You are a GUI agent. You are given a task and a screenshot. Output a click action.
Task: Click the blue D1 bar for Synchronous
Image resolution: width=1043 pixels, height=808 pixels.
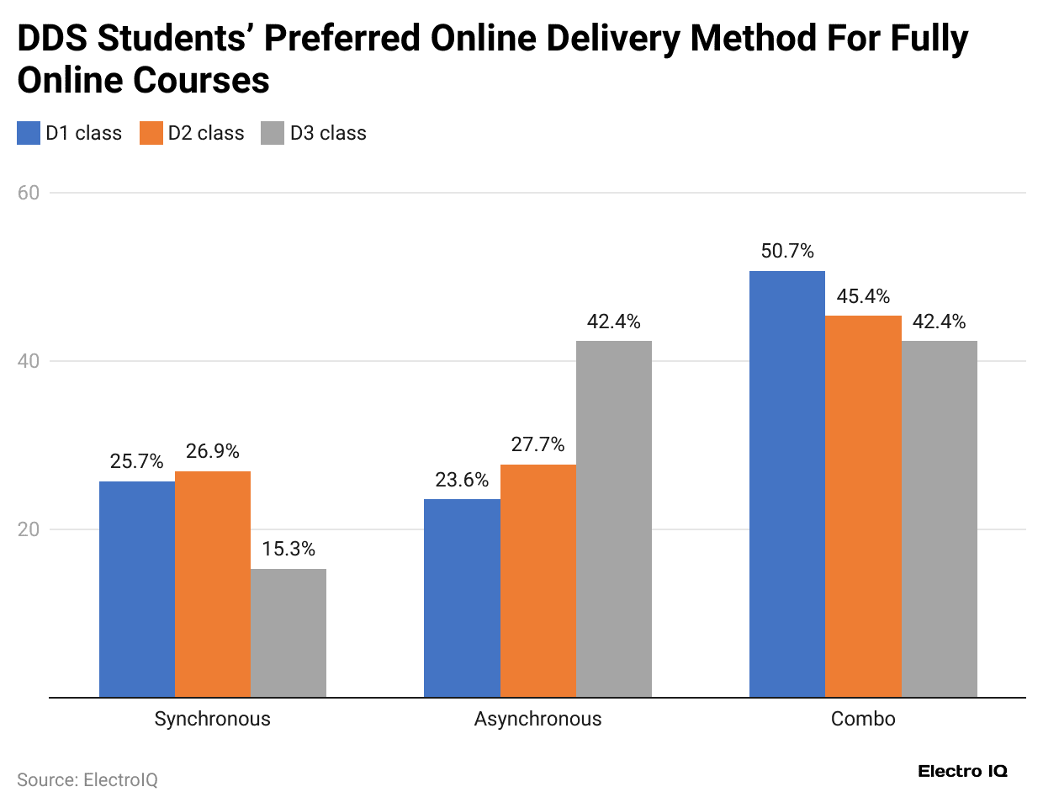click(x=137, y=589)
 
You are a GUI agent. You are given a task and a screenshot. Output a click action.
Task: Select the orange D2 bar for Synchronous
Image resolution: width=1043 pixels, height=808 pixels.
click(x=213, y=584)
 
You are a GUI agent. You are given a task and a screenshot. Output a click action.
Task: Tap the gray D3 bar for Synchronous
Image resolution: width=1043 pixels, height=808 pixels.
click(x=289, y=633)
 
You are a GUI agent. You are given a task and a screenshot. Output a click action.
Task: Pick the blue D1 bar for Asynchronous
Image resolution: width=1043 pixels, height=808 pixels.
click(x=462, y=598)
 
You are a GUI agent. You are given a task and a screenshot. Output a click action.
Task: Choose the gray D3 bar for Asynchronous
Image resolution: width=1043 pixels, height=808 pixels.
click(x=614, y=518)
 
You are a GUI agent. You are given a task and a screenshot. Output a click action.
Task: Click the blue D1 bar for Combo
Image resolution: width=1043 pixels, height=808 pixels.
click(x=787, y=484)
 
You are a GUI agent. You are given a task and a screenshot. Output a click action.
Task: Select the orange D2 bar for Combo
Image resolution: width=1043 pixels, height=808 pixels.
click(x=863, y=506)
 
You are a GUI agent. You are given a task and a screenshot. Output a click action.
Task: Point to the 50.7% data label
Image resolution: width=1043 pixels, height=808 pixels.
click(x=787, y=251)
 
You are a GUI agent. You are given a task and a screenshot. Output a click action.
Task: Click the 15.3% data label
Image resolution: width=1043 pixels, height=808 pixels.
click(x=289, y=549)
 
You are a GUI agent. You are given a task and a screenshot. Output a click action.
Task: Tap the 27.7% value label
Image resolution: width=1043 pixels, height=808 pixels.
click(x=537, y=444)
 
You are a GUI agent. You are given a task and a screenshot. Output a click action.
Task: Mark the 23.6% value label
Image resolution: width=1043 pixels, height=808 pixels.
click(x=462, y=480)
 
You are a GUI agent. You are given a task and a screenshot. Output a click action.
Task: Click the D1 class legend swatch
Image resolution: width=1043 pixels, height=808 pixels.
click(x=29, y=133)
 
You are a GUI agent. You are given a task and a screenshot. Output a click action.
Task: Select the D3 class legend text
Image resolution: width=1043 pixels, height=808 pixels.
click(x=328, y=133)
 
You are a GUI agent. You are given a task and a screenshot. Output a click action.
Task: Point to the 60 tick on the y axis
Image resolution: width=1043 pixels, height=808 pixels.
click(x=29, y=193)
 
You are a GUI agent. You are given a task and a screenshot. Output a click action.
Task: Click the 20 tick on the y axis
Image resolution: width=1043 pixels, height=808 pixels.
click(x=29, y=529)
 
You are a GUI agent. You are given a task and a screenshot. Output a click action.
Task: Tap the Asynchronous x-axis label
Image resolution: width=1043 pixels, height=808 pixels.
click(x=537, y=719)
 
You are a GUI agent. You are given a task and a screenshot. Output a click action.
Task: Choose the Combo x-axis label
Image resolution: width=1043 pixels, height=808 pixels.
click(x=863, y=719)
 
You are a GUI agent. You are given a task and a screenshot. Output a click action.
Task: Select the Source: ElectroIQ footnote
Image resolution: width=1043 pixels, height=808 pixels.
click(x=87, y=780)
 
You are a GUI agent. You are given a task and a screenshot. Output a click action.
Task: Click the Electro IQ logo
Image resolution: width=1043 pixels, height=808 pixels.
click(x=962, y=771)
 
